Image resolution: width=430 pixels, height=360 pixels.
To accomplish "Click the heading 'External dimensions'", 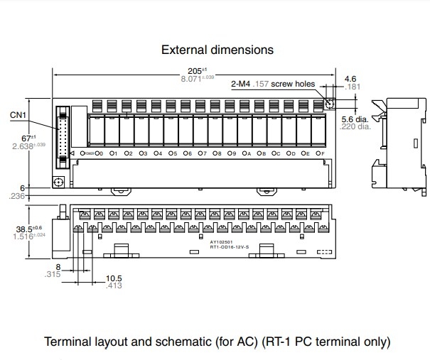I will pyautogui.click(x=217, y=50).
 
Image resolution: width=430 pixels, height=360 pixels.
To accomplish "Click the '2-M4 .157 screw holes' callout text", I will pyautogui.click(x=273, y=84).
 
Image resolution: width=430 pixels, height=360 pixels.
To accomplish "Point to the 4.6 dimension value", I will pyautogui.click(x=350, y=79).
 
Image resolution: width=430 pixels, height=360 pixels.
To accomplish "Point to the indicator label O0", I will pyautogui.click(x=99, y=153).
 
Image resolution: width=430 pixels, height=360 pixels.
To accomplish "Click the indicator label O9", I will pyautogui.click(x=232, y=153).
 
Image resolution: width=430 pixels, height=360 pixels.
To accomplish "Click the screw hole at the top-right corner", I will pyautogui.click(x=329, y=104).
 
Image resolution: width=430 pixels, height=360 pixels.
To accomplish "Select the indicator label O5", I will pyautogui.click(x=173, y=153).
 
